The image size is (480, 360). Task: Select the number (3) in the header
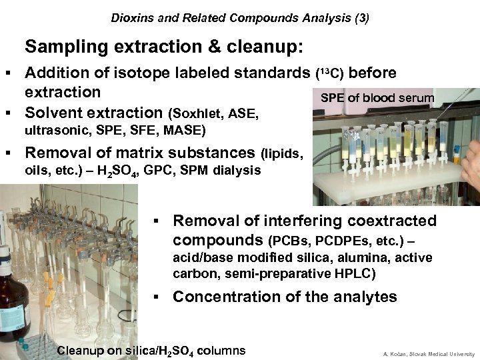pyautogui.click(x=359, y=14)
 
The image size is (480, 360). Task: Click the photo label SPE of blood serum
pyautogui.click(x=377, y=98)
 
